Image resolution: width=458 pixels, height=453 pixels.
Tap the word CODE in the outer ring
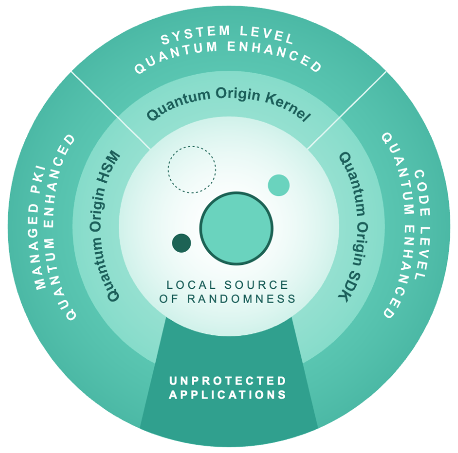pyautogui.click(x=419, y=184)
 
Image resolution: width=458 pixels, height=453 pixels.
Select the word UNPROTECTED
pyautogui.click(x=228, y=381)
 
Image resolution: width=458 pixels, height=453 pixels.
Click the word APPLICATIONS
pyautogui.click(x=228, y=394)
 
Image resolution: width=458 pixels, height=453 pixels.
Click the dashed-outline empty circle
pyautogui.click(x=191, y=169)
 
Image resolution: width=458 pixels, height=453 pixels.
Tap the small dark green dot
pyautogui.click(x=182, y=243)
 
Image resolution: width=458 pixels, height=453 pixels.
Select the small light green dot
pyautogui.click(x=279, y=185)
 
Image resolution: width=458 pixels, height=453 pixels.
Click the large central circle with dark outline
pyautogui.click(x=236, y=228)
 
